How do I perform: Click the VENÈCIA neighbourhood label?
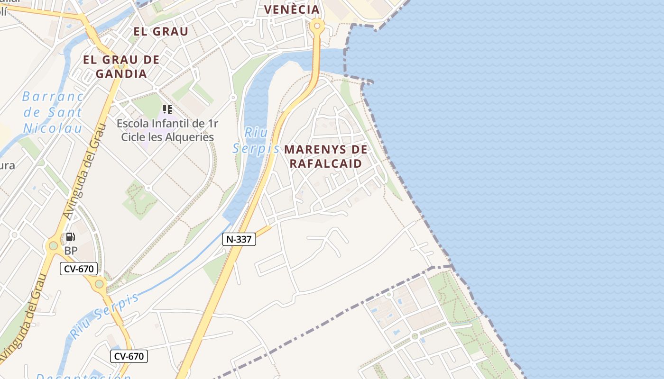pos(292,9)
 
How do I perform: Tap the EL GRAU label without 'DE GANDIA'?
pos(161,32)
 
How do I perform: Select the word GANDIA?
pos(121,74)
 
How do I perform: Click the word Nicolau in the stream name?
pos(53,128)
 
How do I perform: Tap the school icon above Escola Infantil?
pos(167,109)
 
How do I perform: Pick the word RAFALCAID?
pos(326,164)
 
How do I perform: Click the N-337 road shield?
pos(239,239)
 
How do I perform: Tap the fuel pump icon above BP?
pos(70,236)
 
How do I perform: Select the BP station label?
pos(71,251)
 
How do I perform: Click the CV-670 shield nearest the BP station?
pos(79,269)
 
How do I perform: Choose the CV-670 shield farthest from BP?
pos(129,356)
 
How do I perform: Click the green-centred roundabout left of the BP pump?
pos(53,245)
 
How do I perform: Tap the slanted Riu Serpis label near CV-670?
pos(105,315)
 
